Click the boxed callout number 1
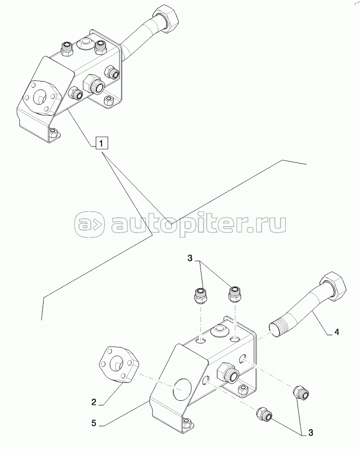(x=102, y=142)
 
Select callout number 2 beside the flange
(x=94, y=402)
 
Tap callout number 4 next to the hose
(x=336, y=332)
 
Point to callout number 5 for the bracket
(x=94, y=423)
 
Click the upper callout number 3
(x=190, y=258)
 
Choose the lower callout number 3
(x=311, y=433)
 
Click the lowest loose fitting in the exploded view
(x=264, y=414)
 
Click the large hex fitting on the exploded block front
(x=228, y=372)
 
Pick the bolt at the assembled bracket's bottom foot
(x=53, y=133)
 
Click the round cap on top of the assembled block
(x=85, y=44)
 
